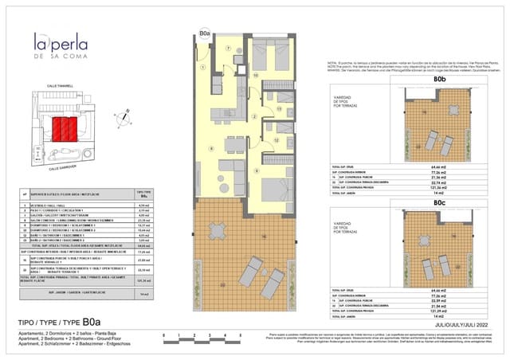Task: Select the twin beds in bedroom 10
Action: [x=267, y=59]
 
